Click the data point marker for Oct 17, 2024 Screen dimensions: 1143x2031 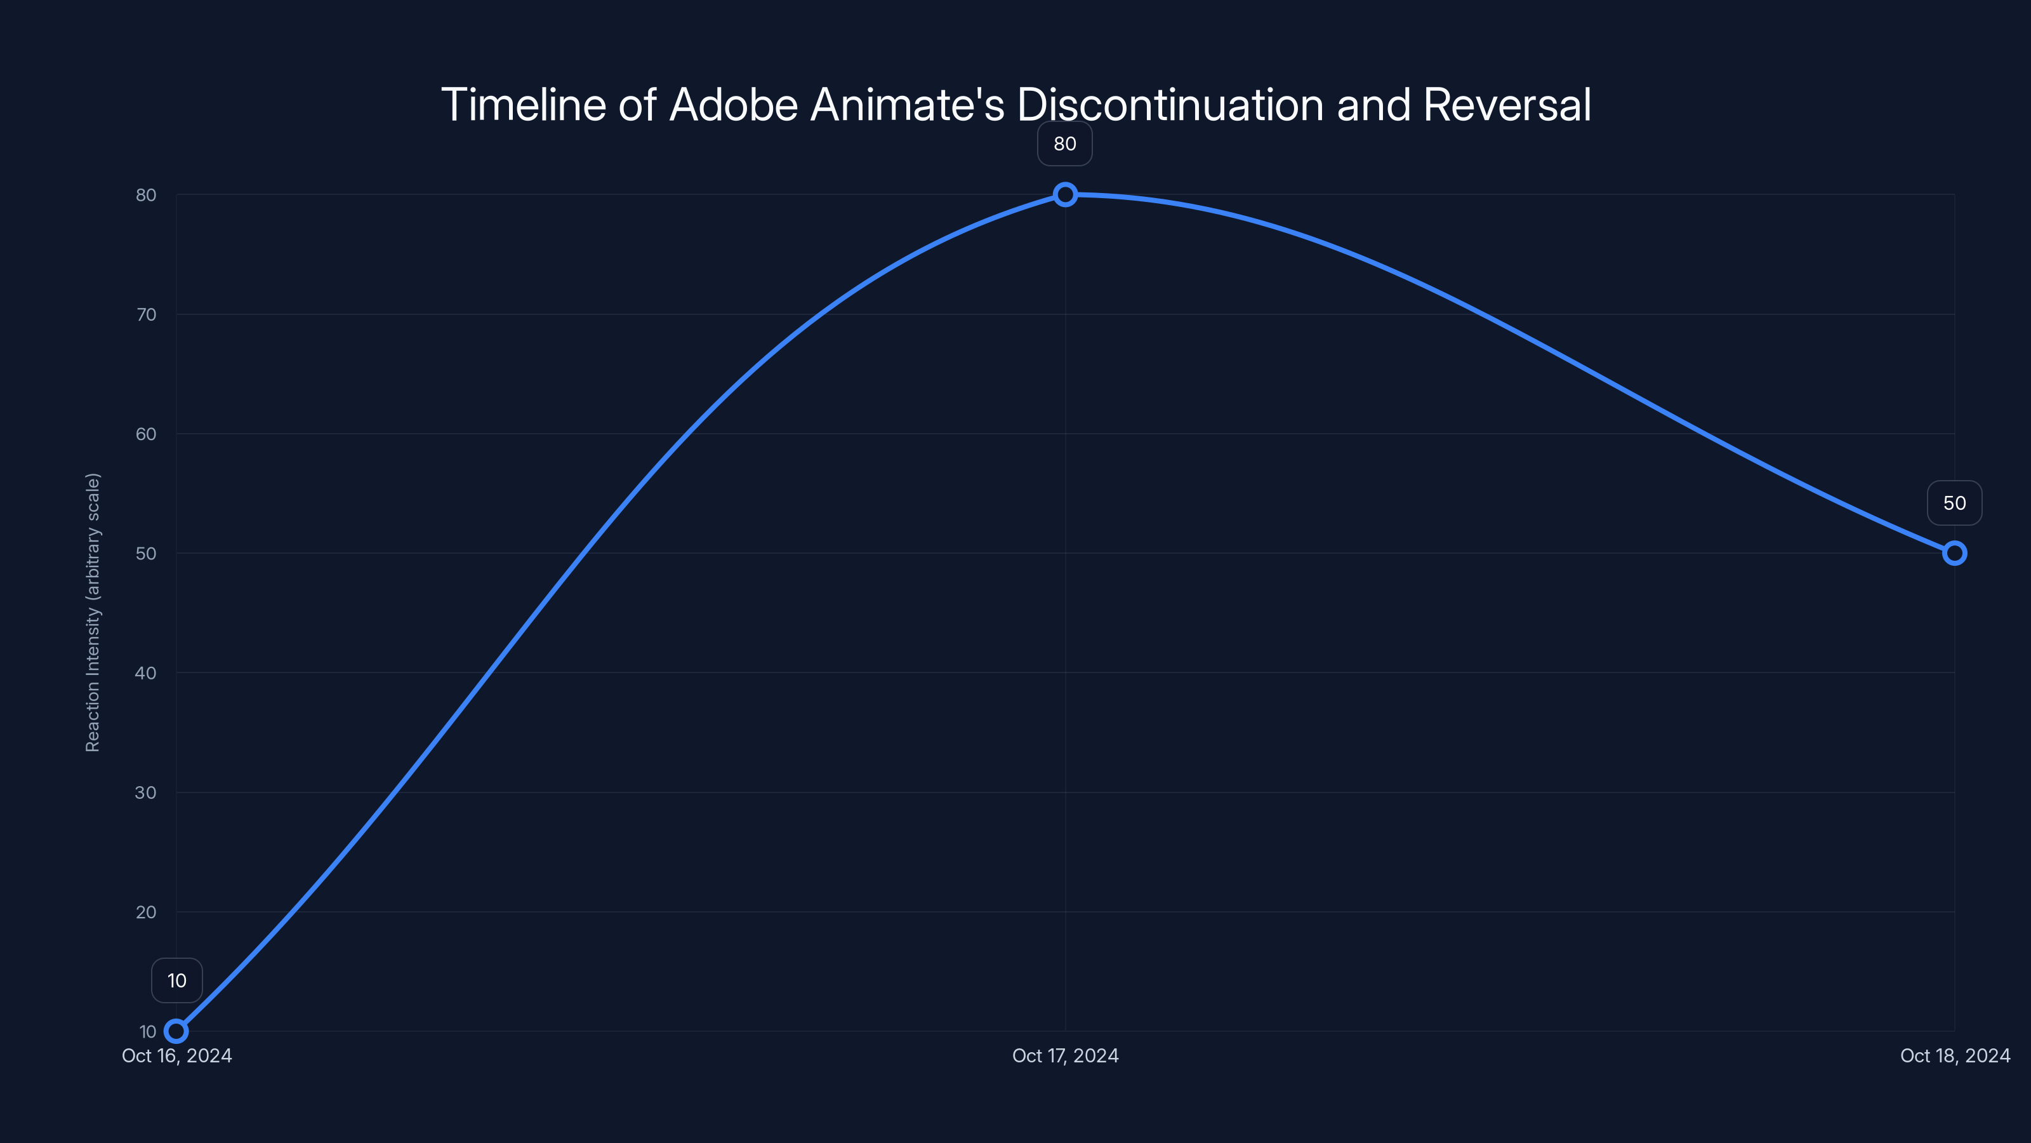click(1065, 194)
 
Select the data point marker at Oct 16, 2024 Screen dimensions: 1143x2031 click(176, 1031)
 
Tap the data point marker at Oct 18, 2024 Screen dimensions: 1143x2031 click(1954, 553)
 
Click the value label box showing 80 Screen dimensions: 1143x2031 click(1064, 144)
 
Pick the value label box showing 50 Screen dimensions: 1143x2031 click(1954, 504)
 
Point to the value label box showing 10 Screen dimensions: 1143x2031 click(176, 980)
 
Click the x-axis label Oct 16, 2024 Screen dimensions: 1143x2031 click(176, 1055)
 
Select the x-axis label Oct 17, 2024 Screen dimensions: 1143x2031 click(1065, 1055)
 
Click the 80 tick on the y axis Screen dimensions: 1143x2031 click(146, 195)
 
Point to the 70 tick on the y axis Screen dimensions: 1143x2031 click(146, 315)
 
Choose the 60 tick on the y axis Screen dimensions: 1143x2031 click(146, 434)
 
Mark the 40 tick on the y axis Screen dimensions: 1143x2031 click(146, 673)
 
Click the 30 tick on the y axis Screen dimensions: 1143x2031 click(146, 792)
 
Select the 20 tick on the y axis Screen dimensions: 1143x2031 click(146, 912)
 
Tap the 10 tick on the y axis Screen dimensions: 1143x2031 click(147, 1032)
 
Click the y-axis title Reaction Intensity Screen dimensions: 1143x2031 click(93, 612)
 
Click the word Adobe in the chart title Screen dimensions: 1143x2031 click(733, 104)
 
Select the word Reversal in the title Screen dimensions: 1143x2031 click(1507, 104)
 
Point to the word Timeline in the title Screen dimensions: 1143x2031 click(523, 104)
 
